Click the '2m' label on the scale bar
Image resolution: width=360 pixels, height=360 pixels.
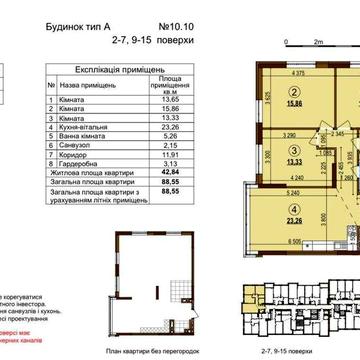tap(318, 43)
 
